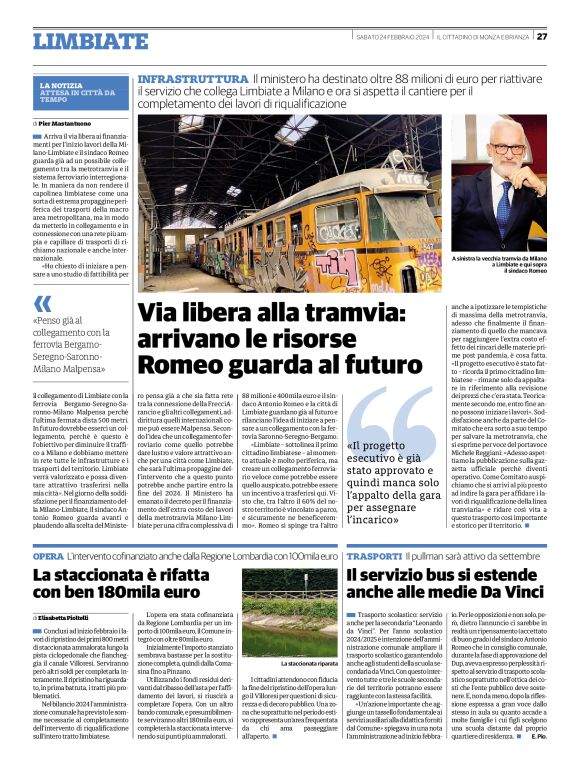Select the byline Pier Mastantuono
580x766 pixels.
point(68,123)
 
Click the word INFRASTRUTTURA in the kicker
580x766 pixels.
point(192,78)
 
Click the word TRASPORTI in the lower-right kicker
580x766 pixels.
point(375,555)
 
